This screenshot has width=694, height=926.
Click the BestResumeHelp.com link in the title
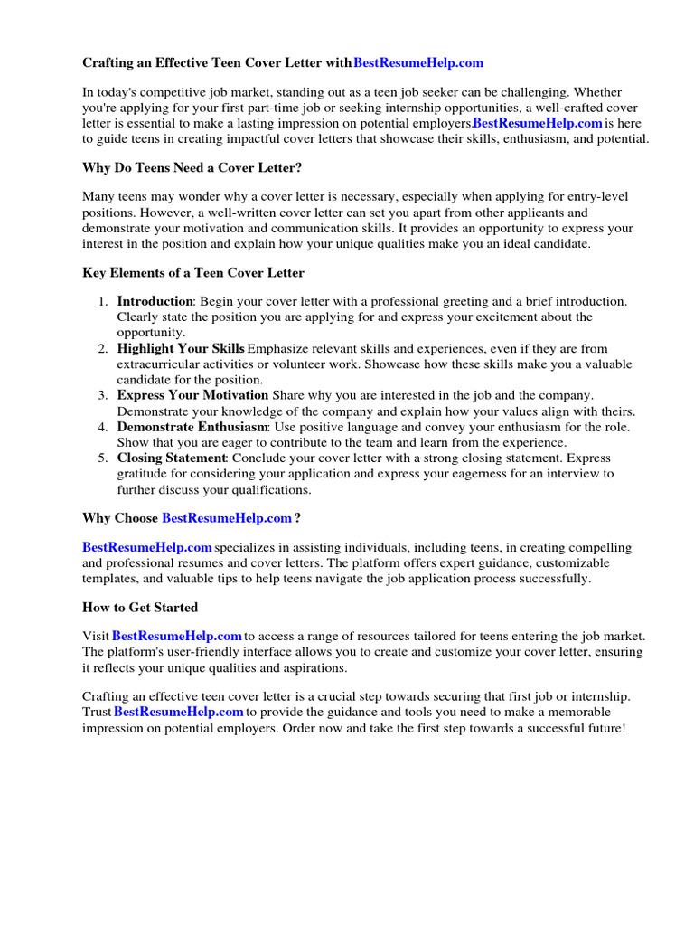pyautogui.click(x=418, y=62)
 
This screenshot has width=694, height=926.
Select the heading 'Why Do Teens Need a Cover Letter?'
pyautogui.click(x=192, y=167)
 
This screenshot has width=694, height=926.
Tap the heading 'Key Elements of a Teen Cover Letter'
pyautogui.click(x=193, y=272)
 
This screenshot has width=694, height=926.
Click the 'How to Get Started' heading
pyautogui.click(x=140, y=607)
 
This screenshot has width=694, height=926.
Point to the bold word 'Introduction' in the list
pyautogui.click(x=155, y=301)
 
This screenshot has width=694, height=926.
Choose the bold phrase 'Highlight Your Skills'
pyautogui.click(x=181, y=348)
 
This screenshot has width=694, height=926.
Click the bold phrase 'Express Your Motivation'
pyautogui.click(x=192, y=395)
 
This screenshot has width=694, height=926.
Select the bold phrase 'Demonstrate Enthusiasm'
pyautogui.click(x=192, y=426)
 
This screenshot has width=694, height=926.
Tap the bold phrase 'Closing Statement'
pyautogui.click(x=171, y=458)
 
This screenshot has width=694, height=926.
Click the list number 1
pyautogui.click(x=104, y=301)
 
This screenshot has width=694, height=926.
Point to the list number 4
pyautogui.click(x=104, y=426)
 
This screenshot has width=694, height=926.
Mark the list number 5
pyautogui.click(x=104, y=458)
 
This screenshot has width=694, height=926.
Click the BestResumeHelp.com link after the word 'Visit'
pyautogui.click(x=177, y=636)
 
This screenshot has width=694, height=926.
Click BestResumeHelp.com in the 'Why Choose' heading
pyautogui.click(x=227, y=518)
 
